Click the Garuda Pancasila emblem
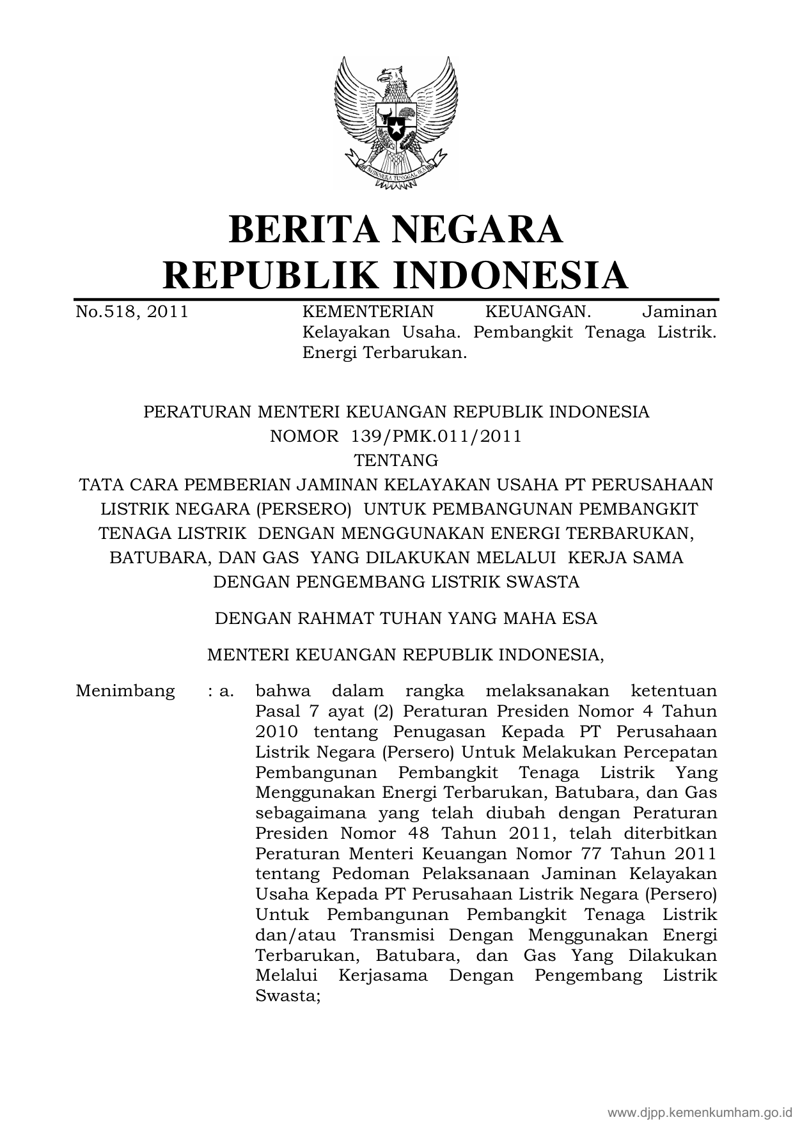[x=396, y=121]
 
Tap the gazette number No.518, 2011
[x=132, y=312]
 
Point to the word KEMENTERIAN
[x=367, y=312]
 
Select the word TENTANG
[x=396, y=460]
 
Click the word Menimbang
[x=125, y=691]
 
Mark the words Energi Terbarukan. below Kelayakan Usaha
[x=384, y=352]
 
